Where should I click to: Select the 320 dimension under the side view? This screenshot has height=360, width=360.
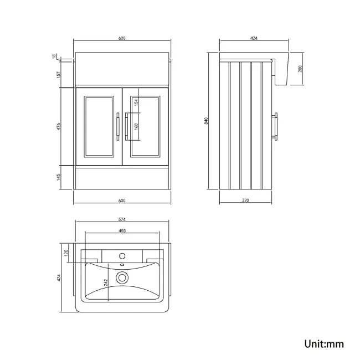[x=245, y=200]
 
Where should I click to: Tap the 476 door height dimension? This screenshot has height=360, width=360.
[x=59, y=126]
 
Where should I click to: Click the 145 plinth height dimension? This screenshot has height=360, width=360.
[x=59, y=178]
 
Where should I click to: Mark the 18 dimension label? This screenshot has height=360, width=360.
[x=54, y=56]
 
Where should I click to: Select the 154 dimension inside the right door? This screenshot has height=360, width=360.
[x=136, y=103]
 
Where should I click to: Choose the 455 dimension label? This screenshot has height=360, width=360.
[x=121, y=231]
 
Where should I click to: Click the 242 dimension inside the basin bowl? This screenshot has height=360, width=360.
[x=106, y=283]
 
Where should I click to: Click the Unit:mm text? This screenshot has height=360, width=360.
[x=324, y=344]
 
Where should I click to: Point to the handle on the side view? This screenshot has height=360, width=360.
[x=277, y=125]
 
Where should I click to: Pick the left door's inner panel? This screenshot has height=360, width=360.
[x=97, y=124]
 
